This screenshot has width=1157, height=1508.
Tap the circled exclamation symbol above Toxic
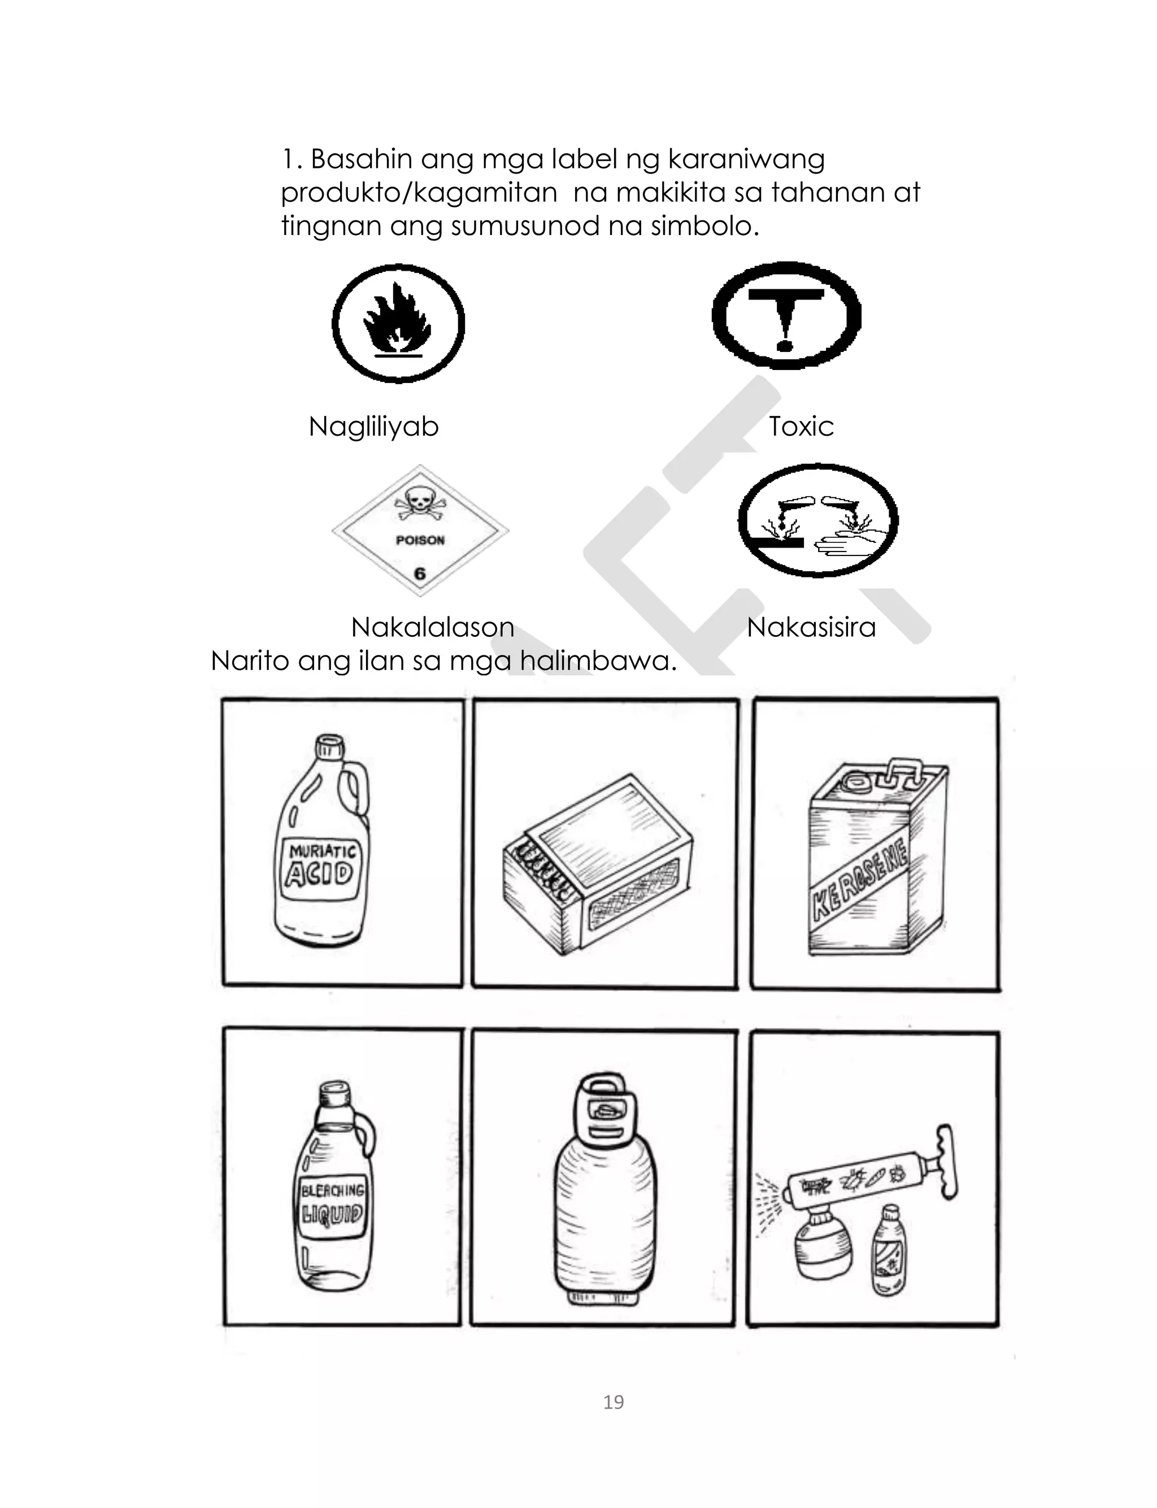(786, 316)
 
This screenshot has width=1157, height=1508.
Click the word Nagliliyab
(373, 427)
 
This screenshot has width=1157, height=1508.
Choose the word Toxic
(801, 427)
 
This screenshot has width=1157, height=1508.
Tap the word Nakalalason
(433, 627)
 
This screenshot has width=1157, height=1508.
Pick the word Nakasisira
(811, 627)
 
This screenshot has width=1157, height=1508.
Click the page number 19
(613, 1402)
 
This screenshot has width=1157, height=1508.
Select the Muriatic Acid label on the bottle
(321, 868)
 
